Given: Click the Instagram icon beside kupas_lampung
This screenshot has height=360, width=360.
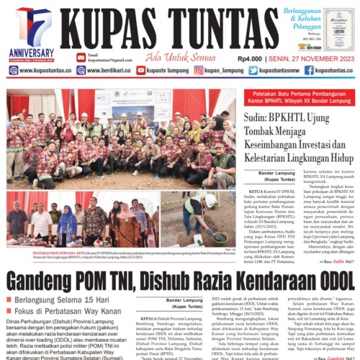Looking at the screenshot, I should click(x=199, y=71).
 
